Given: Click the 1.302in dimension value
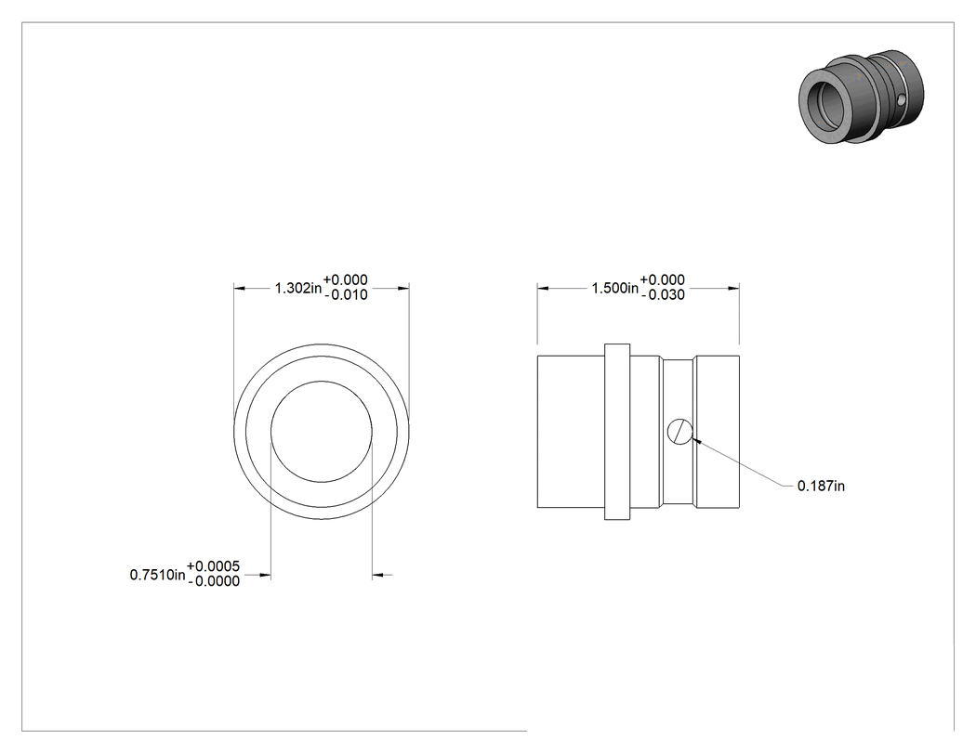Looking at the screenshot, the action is pyautogui.click(x=298, y=288).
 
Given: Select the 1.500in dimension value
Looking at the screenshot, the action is pyautogui.click(x=615, y=288).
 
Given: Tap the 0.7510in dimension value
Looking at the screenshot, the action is pyautogui.click(x=157, y=575).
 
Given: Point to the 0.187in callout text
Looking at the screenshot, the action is pyautogui.click(x=821, y=486).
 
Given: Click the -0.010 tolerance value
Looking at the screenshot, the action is pyautogui.click(x=346, y=294).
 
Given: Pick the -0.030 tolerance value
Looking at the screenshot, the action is pyautogui.click(x=663, y=294).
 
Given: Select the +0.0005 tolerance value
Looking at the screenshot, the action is pyautogui.click(x=213, y=565).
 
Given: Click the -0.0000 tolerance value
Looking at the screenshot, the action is pyautogui.click(x=214, y=580).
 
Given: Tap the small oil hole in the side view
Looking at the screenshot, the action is pyautogui.click(x=680, y=432).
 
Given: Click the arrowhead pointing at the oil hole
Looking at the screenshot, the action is pyautogui.click(x=696, y=440).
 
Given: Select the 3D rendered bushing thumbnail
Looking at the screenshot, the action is pyautogui.click(x=861, y=96).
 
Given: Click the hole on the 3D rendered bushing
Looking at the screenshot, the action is pyautogui.click(x=902, y=99).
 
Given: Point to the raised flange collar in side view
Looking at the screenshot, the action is pyautogui.click(x=617, y=432).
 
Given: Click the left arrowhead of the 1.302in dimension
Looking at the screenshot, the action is pyautogui.click(x=240, y=288).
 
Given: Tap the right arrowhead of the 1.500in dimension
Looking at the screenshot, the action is pyautogui.click(x=733, y=288).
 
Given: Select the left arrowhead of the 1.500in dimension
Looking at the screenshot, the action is pyautogui.click(x=544, y=288).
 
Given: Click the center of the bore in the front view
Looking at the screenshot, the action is pyautogui.click(x=322, y=432).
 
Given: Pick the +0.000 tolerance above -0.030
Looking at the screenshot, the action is pyautogui.click(x=663, y=279).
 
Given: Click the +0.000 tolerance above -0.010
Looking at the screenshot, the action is pyautogui.click(x=346, y=279).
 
